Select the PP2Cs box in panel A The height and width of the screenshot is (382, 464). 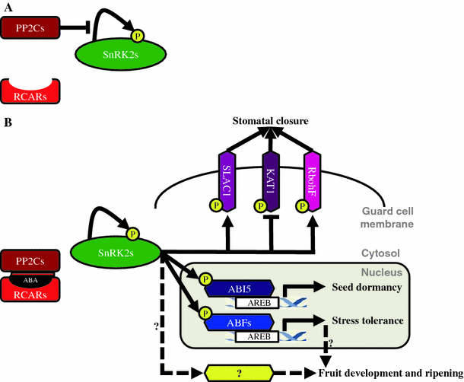coord(30,30)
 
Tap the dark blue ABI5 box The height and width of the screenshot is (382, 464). coord(236,288)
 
